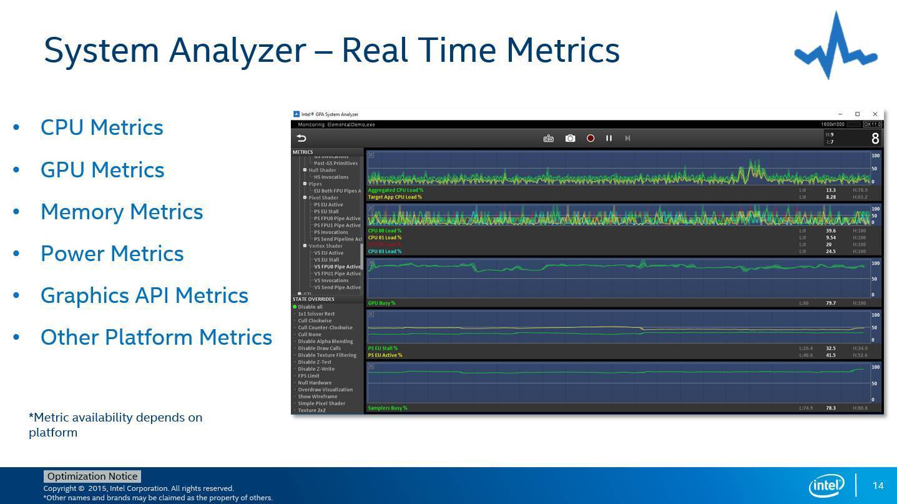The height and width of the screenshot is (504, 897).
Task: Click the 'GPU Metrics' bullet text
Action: point(102,170)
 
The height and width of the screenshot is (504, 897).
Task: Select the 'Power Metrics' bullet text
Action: point(112,254)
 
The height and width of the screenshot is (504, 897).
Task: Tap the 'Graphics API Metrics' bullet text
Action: point(144,295)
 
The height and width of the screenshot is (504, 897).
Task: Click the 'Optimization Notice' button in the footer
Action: point(92,477)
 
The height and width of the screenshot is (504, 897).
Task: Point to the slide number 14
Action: point(878,486)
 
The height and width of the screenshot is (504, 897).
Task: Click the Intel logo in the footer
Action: point(826,485)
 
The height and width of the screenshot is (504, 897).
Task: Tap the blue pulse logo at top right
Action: point(835,47)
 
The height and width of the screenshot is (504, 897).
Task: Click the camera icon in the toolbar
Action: point(570,138)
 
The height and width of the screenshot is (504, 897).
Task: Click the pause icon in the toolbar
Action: point(609,138)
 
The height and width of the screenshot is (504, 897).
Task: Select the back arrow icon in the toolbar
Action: point(301,138)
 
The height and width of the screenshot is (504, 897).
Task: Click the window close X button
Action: point(875,114)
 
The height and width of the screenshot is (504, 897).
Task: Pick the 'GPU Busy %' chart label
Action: point(381,303)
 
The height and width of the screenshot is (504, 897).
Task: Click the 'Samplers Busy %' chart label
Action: point(388,408)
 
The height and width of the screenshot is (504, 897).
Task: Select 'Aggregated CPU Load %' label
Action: point(396,190)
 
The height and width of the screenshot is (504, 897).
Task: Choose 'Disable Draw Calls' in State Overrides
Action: point(319,348)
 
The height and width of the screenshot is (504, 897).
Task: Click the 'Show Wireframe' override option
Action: point(317,397)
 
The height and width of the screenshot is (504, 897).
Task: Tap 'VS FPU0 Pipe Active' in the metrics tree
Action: point(337,267)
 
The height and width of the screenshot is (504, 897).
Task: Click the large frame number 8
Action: point(875,139)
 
